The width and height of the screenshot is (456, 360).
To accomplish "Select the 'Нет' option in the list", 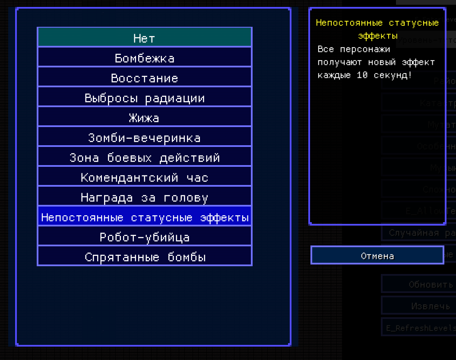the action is [144, 38].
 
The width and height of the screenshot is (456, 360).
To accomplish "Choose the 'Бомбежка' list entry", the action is [144, 57].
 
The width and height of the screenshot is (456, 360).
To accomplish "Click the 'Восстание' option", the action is [144, 78].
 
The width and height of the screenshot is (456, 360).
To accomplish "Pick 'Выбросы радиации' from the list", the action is [144, 98].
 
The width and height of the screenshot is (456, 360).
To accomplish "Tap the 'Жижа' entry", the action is [144, 118].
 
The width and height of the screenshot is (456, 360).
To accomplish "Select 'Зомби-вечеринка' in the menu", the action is [144, 137].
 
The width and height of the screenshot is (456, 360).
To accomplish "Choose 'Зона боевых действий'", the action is [144, 157].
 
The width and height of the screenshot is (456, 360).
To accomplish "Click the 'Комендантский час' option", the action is [144, 177].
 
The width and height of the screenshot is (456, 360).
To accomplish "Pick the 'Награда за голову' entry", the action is [144, 197].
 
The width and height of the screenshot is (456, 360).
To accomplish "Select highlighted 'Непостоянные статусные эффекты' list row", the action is [144, 217].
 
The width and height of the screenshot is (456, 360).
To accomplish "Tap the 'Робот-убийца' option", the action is [144, 237].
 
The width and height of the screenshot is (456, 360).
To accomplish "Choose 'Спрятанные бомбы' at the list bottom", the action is [144, 257].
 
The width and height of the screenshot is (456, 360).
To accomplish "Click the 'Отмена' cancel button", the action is [377, 255].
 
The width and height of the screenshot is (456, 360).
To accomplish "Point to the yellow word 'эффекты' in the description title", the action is [378, 36].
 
